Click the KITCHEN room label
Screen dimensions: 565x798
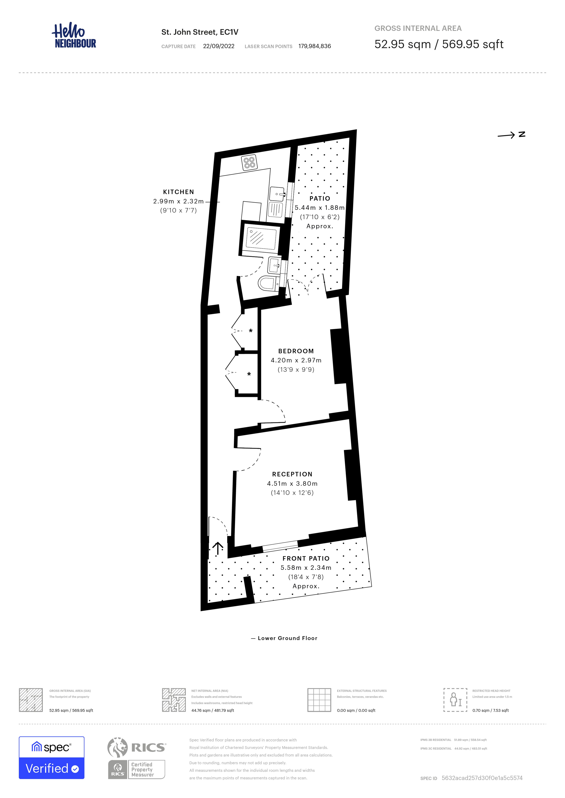click(x=178, y=192)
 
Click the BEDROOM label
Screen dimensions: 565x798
click(x=296, y=351)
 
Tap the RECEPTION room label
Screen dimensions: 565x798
click(x=292, y=474)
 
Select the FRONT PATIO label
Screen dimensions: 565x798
click(x=306, y=558)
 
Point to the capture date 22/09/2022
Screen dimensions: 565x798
click(x=219, y=46)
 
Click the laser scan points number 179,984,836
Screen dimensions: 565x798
click(x=315, y=46)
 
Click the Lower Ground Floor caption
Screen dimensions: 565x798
click(x=287, y=638)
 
